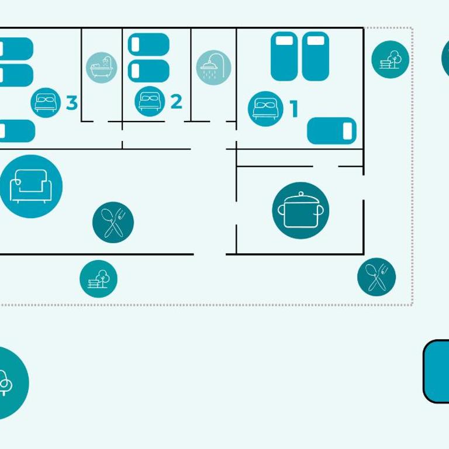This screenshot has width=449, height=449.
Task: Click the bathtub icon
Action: (101, 68)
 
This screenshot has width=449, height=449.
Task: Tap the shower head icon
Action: (213, 68)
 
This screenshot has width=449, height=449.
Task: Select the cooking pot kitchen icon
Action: (301, 210)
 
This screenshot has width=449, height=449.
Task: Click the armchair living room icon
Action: (31, 186)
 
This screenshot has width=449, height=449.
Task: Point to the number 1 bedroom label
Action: (294, 109)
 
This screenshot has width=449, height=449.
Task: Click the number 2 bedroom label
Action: (177, 102)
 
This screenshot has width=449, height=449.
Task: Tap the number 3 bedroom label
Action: (72, 102)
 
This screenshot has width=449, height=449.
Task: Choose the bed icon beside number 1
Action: (265, 109)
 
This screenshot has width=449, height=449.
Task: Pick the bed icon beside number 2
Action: (150, 101)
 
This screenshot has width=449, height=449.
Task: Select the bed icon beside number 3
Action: (46, 102)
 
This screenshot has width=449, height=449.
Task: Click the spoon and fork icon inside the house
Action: (113, 223)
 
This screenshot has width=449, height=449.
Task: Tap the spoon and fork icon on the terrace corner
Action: (377, 277)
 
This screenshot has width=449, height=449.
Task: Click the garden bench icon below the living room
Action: (98, 279)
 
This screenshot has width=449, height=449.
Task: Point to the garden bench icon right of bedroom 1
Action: (391, 59)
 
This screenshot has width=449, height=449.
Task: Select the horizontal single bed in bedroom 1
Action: (331, 131)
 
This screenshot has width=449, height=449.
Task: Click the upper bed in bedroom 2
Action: (148, 44)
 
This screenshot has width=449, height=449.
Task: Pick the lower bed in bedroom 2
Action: (148, 71)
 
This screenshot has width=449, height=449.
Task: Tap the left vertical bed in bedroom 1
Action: (284, 56)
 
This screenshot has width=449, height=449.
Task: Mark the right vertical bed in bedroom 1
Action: (315, 56)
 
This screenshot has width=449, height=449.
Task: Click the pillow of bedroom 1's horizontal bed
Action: (347, 131)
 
